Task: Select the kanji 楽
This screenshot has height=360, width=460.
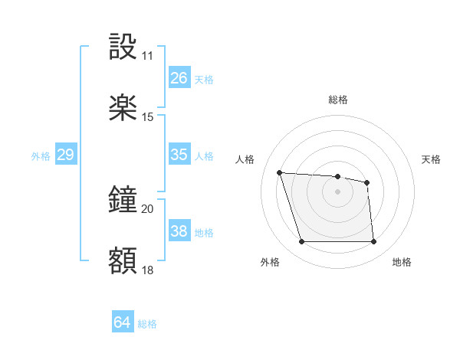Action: (x=123, y=108)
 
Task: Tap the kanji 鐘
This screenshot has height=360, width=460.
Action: (x=123, y=201)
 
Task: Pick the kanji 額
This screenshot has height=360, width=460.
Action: (x=123, y=260)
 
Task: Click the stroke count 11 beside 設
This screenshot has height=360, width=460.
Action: (x=147, y=56)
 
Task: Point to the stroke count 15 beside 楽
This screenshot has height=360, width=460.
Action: (x=147, y=116)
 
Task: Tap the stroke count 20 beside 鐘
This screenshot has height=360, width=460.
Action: (x=147, y=209)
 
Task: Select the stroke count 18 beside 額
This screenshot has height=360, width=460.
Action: (x=147, y=269)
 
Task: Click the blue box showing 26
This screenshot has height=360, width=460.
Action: (x=179, y=78)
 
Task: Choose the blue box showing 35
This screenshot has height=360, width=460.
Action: (x=179, y=155)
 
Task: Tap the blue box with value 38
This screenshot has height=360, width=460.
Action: (x=179, y=231)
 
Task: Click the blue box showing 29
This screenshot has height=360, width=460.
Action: (x=65, y=155)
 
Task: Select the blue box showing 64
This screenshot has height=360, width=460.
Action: (x=123, y=323)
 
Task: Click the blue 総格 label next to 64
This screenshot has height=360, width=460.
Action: (x=147, y=324)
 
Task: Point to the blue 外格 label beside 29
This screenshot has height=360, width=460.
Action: (x=41, y=155)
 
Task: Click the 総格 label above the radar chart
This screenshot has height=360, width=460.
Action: (x=338, y=100)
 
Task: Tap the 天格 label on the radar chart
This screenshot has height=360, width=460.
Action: (x=431, y=159)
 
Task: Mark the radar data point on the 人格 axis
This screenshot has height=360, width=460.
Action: (x=280, y=172)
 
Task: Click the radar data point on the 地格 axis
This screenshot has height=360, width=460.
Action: (x=373, y=242)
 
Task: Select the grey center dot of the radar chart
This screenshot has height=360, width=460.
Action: (x=338, y=191)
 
